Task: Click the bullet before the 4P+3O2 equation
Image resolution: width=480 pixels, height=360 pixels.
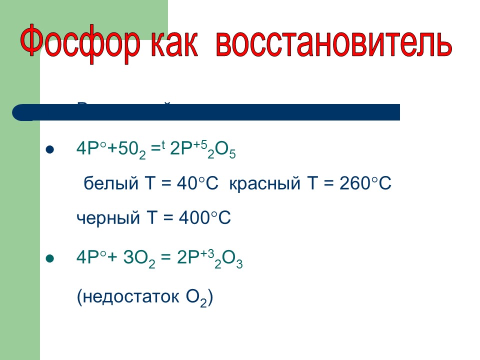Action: pyautogui.click(x=49, y=258)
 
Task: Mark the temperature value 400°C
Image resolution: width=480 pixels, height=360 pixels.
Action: pyautogui.click(x=202, y=218)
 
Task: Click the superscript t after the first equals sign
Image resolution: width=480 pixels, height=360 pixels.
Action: pyautogui.click(x=163, y=145)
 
